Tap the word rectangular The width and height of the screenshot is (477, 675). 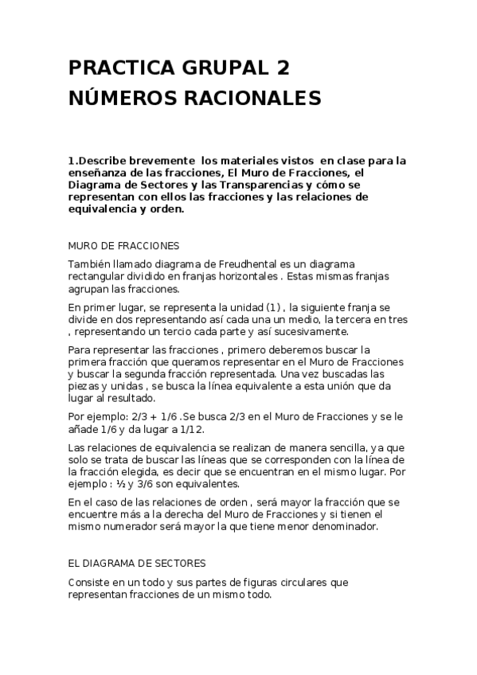coord(97,277)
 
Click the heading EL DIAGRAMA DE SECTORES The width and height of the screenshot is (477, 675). coord(137,563)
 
